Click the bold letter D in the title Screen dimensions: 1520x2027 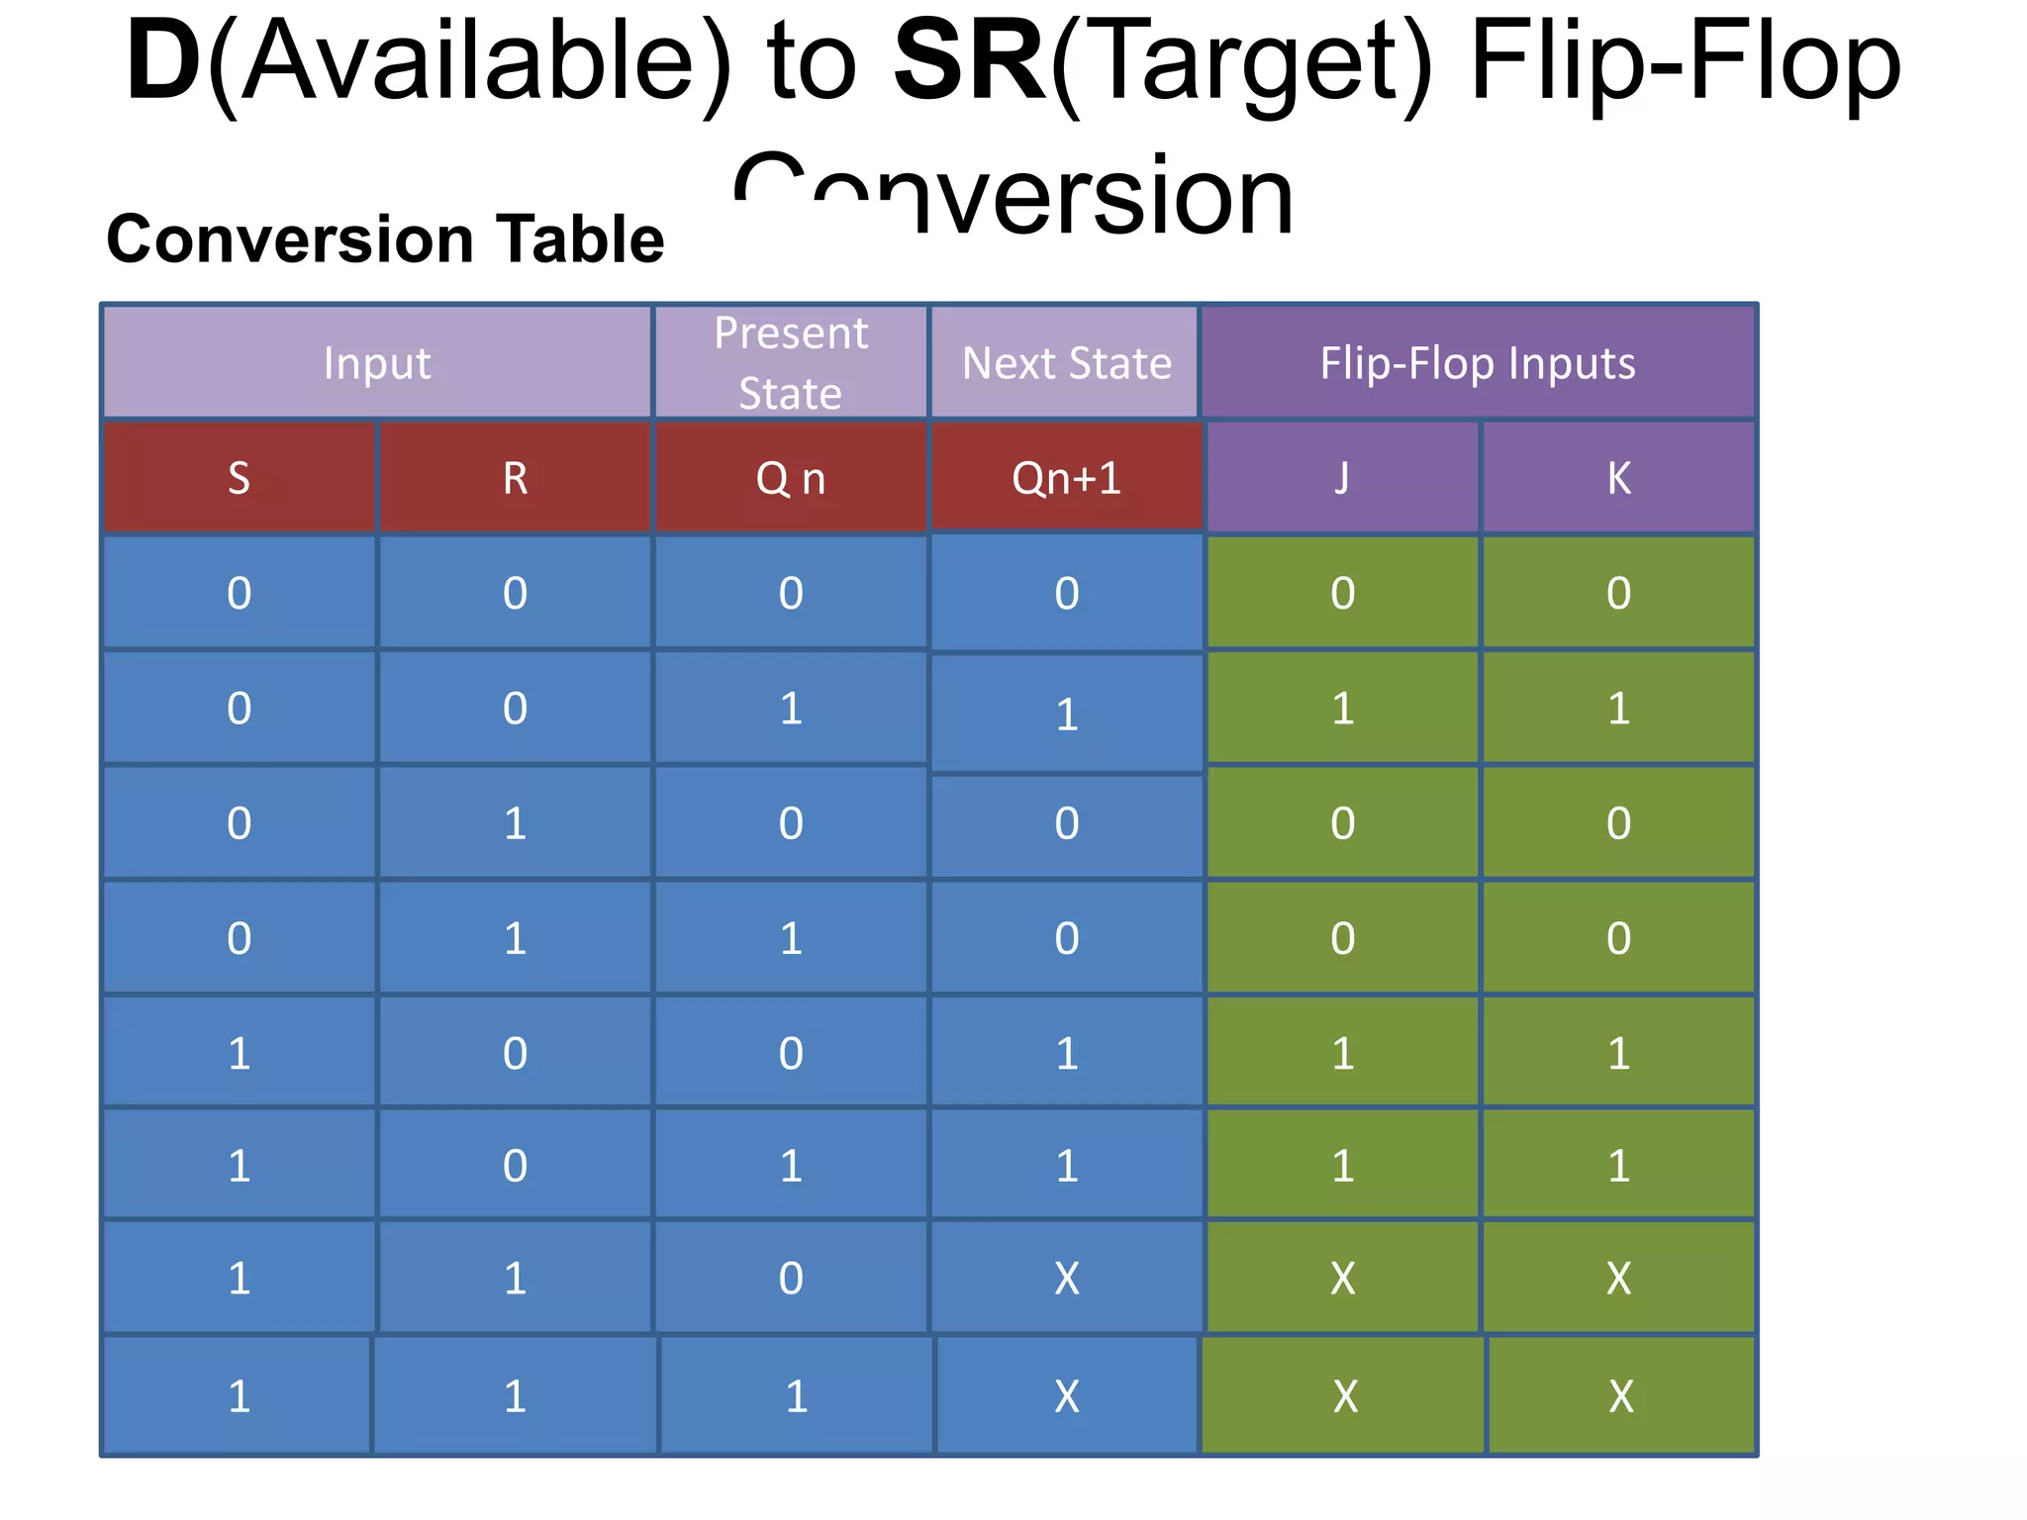(163, 63)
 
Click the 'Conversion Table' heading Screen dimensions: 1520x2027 (385, 239)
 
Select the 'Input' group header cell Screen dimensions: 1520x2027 (377, 363)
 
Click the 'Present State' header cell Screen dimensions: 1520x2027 (791, 363)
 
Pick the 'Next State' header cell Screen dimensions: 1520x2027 (1066, 363)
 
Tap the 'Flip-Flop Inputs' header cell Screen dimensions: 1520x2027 (1478, 363)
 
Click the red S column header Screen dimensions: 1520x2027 (239, 478)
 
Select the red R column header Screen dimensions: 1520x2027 (515, 478)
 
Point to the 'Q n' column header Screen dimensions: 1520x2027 (791, 478)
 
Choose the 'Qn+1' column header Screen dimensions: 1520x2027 (1066, 478)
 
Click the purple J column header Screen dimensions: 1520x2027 (1342, 478)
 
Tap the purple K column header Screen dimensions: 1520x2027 (1618, 478)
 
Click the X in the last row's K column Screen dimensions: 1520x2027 (1620, 1396)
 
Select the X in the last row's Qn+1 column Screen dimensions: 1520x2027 (1066, 1396)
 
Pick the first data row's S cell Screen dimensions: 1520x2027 (239, 593)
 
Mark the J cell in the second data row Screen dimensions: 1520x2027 (1342, 709)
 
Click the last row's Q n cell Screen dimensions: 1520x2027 (796, 1396)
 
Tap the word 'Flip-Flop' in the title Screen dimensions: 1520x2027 (1685, 63)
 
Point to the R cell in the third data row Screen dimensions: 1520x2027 (515, 823)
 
